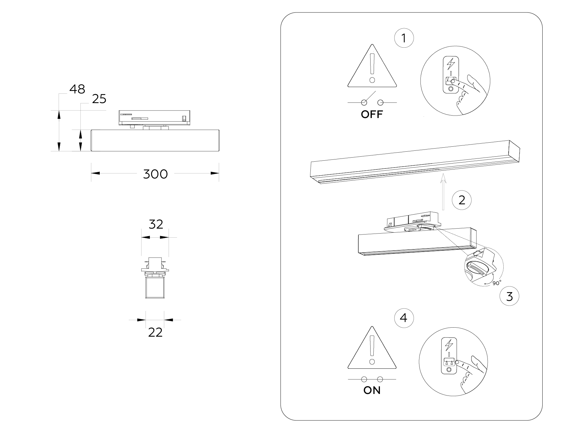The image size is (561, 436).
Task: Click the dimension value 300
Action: click(155, 174)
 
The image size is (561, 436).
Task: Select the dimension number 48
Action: click(77, 89)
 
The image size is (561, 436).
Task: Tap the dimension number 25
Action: click(99, 99)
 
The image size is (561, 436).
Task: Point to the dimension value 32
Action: click(156, 224)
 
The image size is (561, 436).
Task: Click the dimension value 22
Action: click(155, 333)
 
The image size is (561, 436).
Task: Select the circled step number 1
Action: click(404, 38)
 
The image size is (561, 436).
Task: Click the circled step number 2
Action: click(462, 200)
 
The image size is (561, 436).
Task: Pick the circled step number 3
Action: click(509, 296)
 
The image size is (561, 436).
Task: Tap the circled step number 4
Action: click(404, 318)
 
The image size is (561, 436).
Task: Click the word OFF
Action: click(372, 115)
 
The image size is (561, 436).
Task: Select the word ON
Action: click(372, 391)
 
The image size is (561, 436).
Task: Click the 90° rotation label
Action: click(497, 283)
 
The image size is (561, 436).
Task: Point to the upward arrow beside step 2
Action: click(443, 193)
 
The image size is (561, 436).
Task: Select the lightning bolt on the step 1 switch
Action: click(451, 64)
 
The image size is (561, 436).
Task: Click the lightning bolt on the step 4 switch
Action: click(449, 344)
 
